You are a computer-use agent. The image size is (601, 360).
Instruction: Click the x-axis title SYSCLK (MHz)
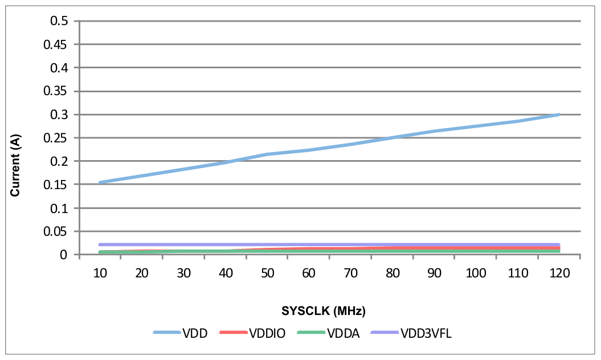click(324, 311)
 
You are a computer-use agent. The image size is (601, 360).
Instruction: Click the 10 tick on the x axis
click(100, 273)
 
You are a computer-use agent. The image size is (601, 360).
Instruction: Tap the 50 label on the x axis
click(267, 273)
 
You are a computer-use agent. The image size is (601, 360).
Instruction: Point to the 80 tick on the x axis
click(392, 273)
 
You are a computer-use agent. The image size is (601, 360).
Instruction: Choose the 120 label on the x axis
click(559, 273)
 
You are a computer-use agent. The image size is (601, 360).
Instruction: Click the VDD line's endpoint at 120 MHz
click(559, 114)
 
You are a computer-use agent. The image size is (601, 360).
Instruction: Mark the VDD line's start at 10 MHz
click(100, 182)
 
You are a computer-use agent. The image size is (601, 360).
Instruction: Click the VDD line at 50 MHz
click(267, 154)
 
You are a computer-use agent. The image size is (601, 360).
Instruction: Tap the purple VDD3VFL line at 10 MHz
click(100, 244)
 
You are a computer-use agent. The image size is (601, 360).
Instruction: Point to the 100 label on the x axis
click(475, 273)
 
